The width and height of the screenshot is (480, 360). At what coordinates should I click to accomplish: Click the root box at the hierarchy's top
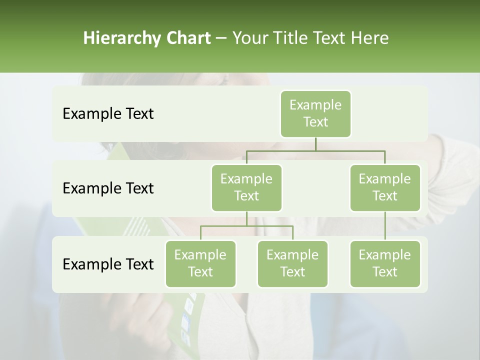click(315, 114)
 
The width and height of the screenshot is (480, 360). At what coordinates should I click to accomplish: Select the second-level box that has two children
click(246, 188)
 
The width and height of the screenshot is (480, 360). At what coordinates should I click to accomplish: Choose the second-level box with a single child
click(385, 188)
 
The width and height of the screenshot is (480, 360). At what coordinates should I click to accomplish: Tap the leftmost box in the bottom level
click(200, 264)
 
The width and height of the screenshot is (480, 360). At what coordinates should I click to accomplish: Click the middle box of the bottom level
click(292, 264)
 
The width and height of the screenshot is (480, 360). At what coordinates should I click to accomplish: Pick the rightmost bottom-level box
click(385, 264)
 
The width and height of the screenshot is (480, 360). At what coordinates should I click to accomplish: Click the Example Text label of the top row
click(108, 114)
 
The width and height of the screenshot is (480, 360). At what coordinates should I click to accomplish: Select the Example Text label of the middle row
click(108, 188)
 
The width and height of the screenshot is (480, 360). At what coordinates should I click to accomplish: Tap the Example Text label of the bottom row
click(108, 264)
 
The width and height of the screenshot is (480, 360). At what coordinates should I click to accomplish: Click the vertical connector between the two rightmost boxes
click(385, 226)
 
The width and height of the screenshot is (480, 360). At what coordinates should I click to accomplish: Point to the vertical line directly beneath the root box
click(315, 144)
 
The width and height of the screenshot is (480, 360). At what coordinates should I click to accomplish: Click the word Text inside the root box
click(315, 122)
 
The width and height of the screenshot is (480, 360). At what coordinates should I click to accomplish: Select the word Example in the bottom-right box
click(385, 255)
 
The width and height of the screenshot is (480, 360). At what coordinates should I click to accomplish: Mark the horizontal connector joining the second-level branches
click(315, 150)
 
